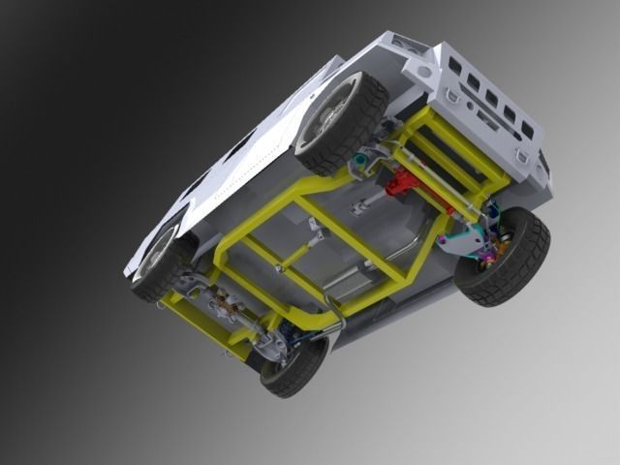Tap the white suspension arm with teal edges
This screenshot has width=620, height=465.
[x=465, y=238]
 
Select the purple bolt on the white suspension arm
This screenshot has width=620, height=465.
[x=444, y=237]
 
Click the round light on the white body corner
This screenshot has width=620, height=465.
[x=423, y=73]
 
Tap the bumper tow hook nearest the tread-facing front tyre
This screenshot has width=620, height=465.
[x=524, y=156]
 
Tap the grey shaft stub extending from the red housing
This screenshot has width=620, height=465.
[x=360, y=205]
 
